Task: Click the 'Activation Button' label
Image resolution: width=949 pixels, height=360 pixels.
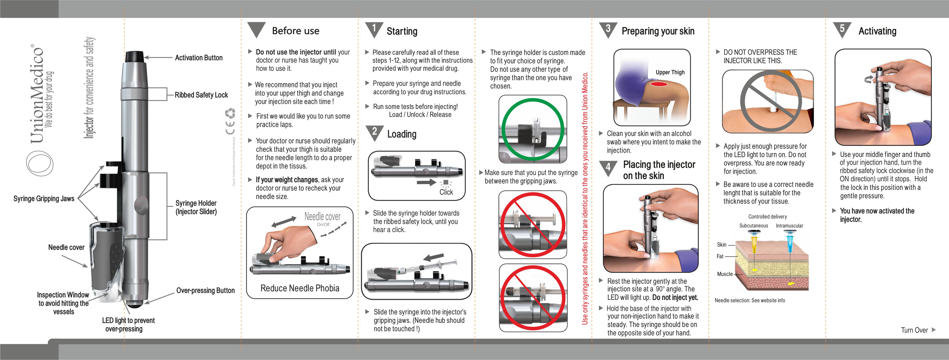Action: point(199,58)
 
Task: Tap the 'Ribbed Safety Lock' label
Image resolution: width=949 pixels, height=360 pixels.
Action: point(201,95)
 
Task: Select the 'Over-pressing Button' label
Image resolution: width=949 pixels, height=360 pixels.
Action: point(205,290)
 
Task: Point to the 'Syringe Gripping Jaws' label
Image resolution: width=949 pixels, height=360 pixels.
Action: point(44,199)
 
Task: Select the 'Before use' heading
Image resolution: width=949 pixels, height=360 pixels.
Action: point(296,31)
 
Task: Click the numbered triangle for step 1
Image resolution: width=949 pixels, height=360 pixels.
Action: point(374,29)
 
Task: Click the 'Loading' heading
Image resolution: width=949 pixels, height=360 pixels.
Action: point(402,134)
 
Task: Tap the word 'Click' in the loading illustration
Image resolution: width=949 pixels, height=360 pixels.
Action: point(446,192)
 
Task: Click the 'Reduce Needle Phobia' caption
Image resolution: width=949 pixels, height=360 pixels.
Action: point(300,288)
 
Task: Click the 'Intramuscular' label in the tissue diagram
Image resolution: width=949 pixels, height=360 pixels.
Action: point(789,226)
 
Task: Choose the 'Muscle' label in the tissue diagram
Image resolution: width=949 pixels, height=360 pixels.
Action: point(725,274)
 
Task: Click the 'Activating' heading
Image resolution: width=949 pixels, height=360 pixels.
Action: point(877,31)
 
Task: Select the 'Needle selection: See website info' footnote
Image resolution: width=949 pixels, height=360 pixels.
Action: point(750,300)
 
